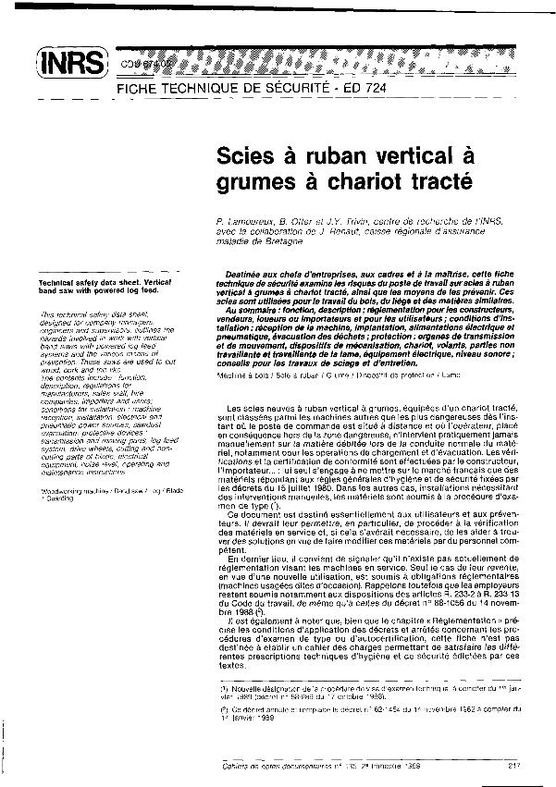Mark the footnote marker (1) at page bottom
pos(225,713)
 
